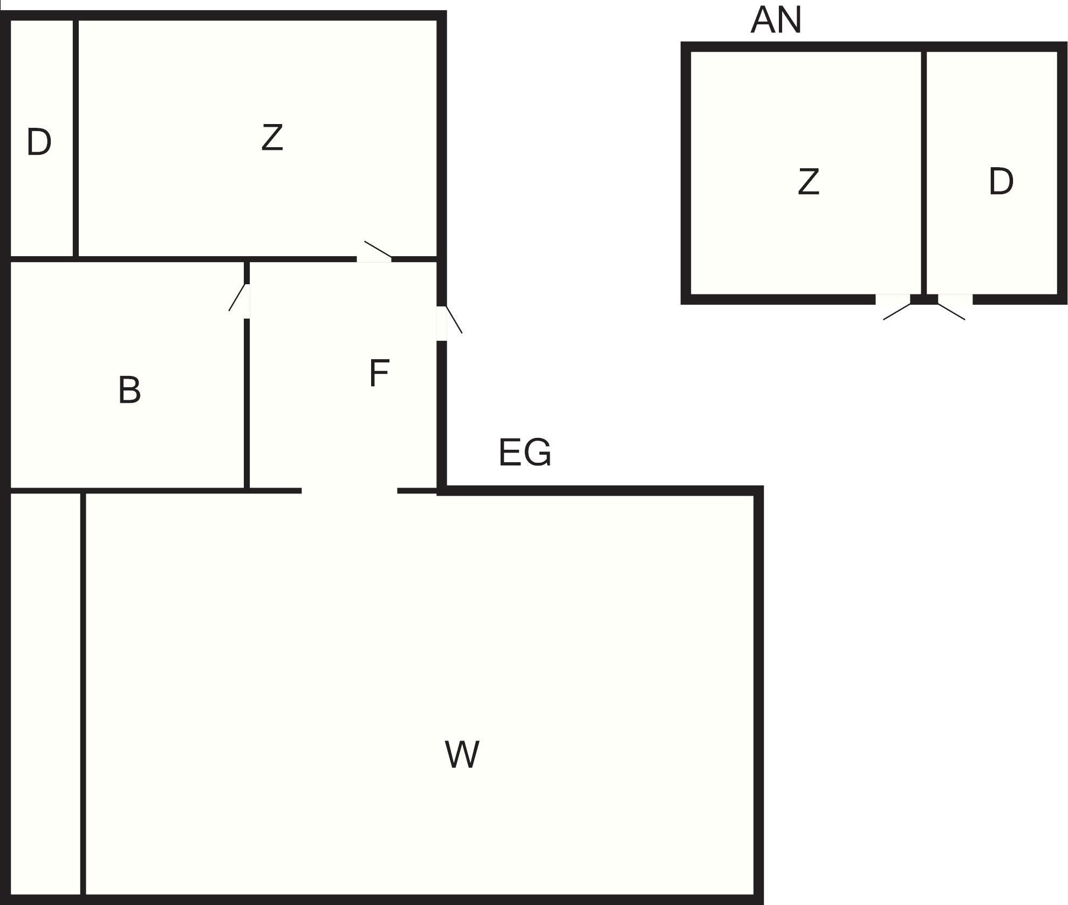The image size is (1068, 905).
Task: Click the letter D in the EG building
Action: (39, 142)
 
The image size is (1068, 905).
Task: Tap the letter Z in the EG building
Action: (272, 138)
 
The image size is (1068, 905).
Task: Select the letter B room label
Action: (129, 390)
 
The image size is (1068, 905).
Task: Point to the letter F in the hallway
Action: (379, 373)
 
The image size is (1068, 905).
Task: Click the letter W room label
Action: (462, 755)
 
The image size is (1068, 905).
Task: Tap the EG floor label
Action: (525, 452)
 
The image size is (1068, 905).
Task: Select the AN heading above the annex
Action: (776, 20)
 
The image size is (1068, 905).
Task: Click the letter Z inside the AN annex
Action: (808, 182)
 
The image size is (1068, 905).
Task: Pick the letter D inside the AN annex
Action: (1001, 182)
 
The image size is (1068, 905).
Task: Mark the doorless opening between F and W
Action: (349, 490)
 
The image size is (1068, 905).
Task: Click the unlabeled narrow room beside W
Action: (45, 696)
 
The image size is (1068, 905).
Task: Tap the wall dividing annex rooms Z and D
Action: (923, 173)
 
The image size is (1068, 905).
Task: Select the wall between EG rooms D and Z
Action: (76, 138)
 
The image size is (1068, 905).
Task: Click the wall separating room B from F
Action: (247, 404)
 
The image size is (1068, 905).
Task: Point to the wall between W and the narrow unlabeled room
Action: (83, 696)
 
